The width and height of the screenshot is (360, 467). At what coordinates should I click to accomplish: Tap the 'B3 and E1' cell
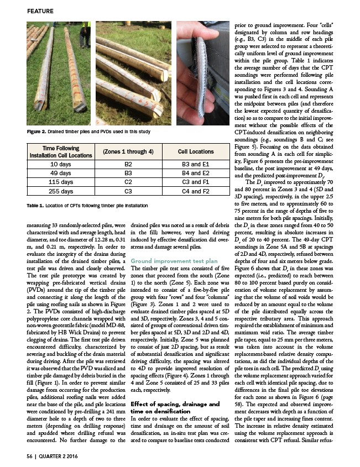[x=196, y=164]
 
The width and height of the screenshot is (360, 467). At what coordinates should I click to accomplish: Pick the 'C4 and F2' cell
[x=196, y=191]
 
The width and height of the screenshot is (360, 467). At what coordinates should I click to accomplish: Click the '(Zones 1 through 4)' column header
[x=121, y=151]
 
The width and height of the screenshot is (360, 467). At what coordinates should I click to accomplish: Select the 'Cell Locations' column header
[x=196, y=151]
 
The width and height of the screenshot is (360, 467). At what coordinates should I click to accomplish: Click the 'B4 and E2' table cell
[x=196, y=173]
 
